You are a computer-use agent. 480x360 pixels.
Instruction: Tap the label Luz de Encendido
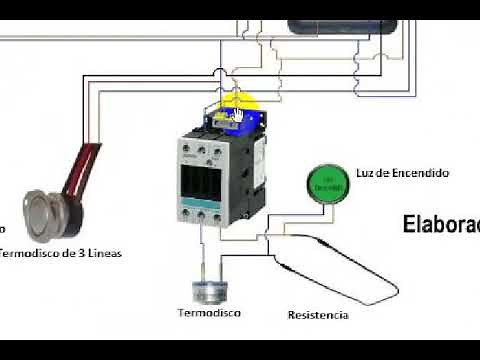pos(402,173)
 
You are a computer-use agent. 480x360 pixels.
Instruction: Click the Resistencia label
pos(318,315)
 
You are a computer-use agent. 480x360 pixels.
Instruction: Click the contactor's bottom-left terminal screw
pos(187,213)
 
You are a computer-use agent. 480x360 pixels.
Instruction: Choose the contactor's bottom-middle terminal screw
pos(202,213)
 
